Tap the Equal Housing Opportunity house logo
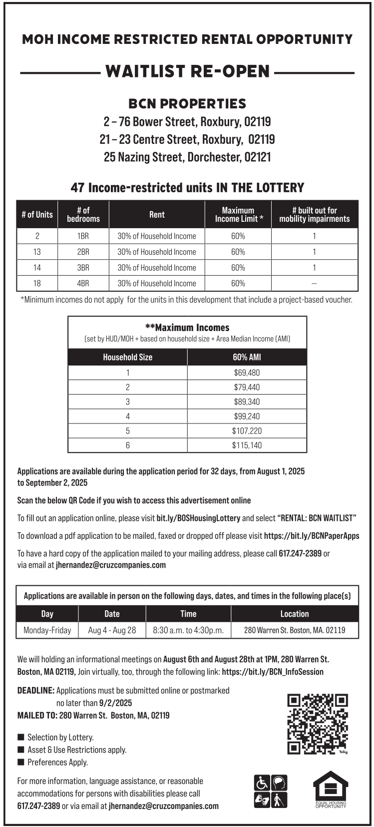tap(331, 789)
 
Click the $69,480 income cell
tap(247, 373)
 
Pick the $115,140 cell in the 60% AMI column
tap(247, 445)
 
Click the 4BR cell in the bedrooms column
tap(83, 283)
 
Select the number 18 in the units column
tap(37, 283)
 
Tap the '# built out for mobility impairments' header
tap(315, 214)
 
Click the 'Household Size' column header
tap(127, 357)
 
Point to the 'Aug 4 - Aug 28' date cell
tap(112, 630)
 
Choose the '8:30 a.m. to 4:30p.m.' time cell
tap(188, 630)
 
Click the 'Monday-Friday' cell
tap(47, 630)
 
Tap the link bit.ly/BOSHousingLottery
tap(198, 518)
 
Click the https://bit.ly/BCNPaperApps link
tap(312, 536)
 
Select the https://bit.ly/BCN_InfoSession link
tap(273, 672)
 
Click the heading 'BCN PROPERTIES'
tap(187, 104)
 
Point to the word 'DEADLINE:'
tap(36, 691)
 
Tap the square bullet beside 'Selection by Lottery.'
tap(21, 737)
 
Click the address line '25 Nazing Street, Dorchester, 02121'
tap(187, 157)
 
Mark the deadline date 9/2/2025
tap(115, 703)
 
